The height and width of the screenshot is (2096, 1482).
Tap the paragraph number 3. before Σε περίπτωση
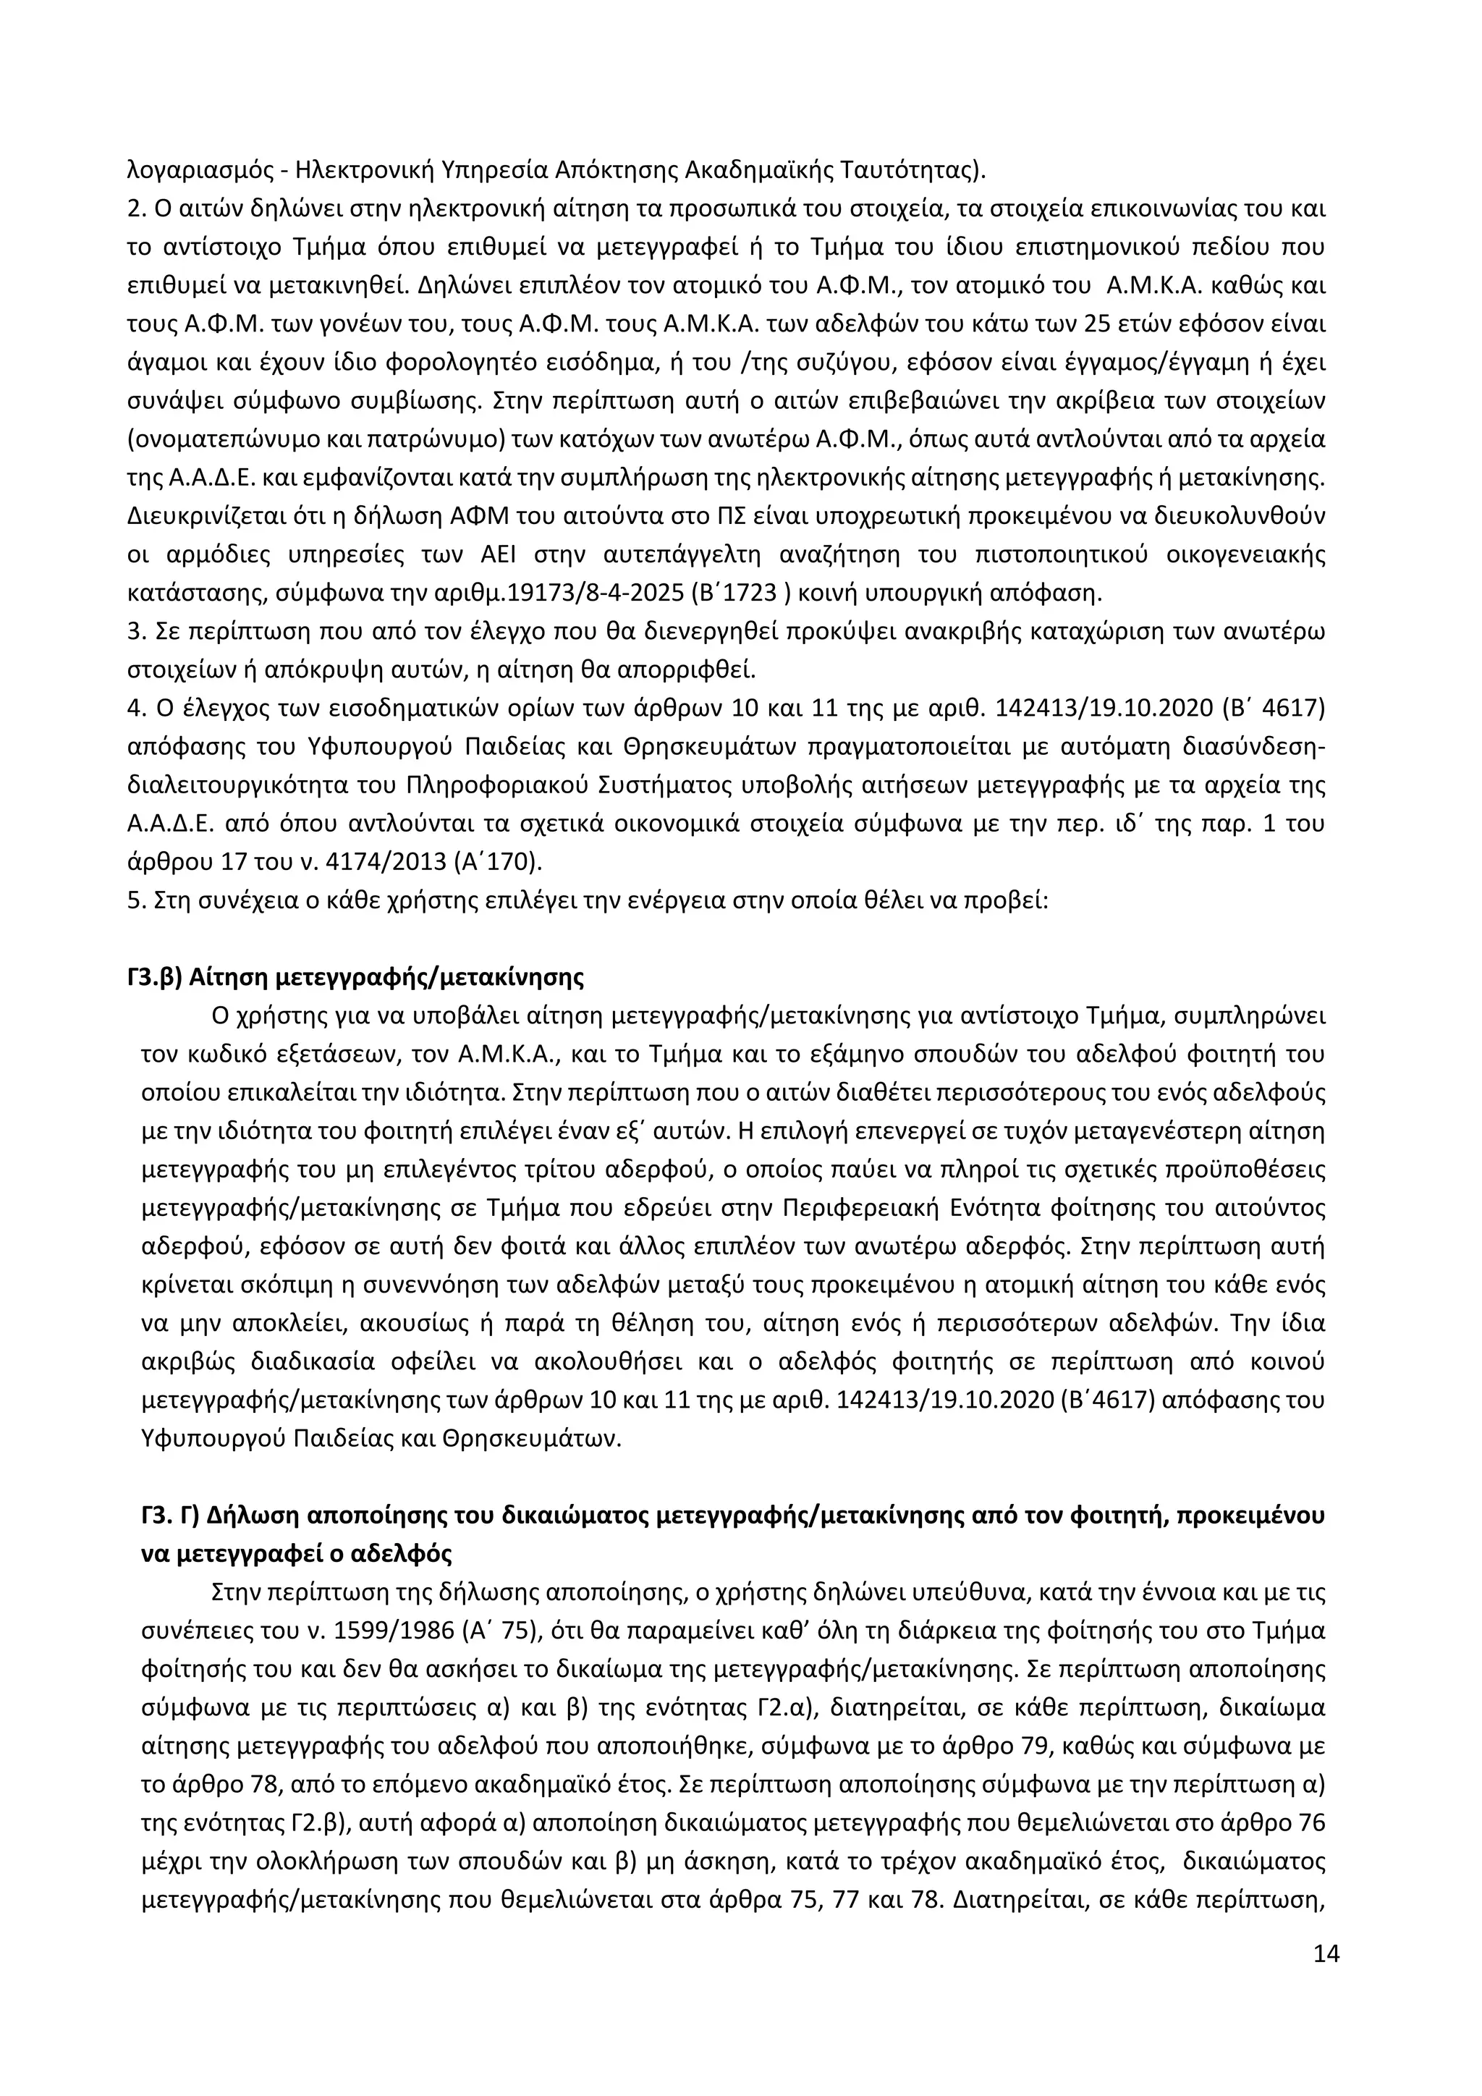136,632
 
